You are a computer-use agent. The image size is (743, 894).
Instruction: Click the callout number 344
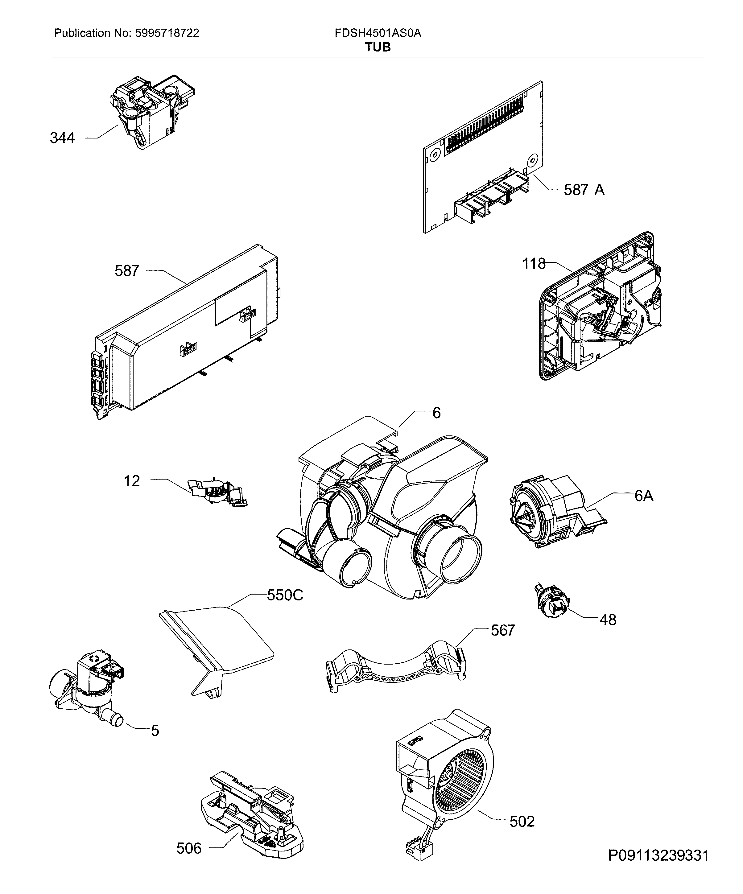point(62,138)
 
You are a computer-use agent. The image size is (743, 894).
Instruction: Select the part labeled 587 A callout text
point(584,190)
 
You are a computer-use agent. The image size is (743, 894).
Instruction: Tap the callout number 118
point(534,264)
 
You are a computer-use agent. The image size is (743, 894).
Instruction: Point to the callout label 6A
point(643,496)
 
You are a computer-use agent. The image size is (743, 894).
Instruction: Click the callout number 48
point(608,620)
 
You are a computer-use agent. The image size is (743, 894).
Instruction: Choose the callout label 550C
point(285,595)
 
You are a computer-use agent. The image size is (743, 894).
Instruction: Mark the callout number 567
point(502,630)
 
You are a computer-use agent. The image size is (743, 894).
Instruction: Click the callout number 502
point(522,821)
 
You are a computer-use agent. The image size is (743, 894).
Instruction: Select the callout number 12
point(132,481)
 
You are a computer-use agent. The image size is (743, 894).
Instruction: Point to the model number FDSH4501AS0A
point(378,33)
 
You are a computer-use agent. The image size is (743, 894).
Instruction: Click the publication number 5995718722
point(167,33)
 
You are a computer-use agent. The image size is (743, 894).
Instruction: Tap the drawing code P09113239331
point(657,867)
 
